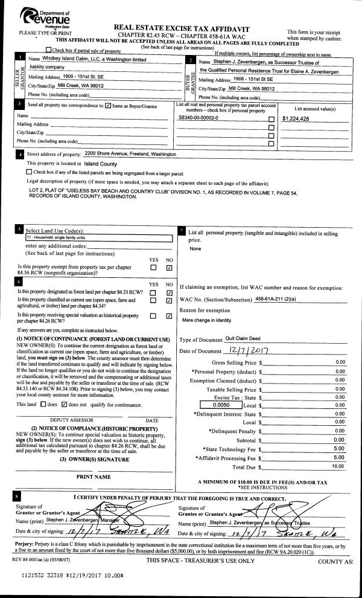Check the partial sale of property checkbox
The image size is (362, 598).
pyautogui.click(x=49, y=50)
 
